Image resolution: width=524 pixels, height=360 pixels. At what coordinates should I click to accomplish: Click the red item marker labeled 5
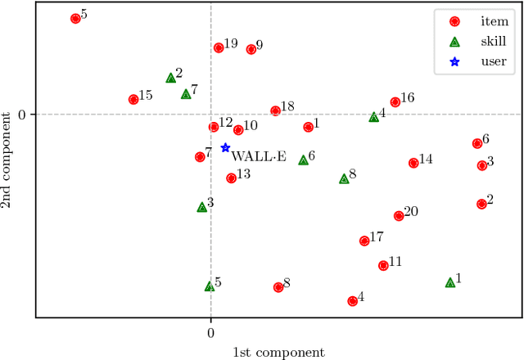tap(75, 18)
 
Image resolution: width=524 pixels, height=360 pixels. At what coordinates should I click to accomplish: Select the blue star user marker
tap(225, 148)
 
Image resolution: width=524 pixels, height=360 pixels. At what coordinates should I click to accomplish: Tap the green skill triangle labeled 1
tap(450, 282)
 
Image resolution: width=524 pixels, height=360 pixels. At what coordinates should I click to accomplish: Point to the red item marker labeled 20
tap(399, 216)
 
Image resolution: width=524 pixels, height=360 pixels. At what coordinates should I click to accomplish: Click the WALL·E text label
tap(259, 155)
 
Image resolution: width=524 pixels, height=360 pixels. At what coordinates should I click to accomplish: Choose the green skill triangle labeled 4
tap(374, 117)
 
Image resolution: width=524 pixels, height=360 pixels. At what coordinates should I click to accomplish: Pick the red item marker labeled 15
tap(133, 100)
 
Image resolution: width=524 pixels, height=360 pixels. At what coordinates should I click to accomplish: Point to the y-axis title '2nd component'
tap(8, 164)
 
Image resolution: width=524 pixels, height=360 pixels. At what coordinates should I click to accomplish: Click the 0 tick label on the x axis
tap(210, 333)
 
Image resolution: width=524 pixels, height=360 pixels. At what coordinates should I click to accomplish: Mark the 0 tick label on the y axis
tap(22, 115)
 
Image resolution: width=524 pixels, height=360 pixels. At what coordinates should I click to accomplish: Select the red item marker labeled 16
tap(395, 102)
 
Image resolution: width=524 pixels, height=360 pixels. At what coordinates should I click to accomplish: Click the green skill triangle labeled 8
tap(344, 178)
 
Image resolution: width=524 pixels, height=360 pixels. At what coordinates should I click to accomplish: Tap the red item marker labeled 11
tap(383, 265)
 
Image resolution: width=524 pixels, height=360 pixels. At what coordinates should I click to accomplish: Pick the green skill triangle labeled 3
tap(202, 207)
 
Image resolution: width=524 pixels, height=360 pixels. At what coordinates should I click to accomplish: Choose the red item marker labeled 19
tap(219, 47)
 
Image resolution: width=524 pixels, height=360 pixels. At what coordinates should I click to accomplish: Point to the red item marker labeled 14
tap(413, 163)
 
